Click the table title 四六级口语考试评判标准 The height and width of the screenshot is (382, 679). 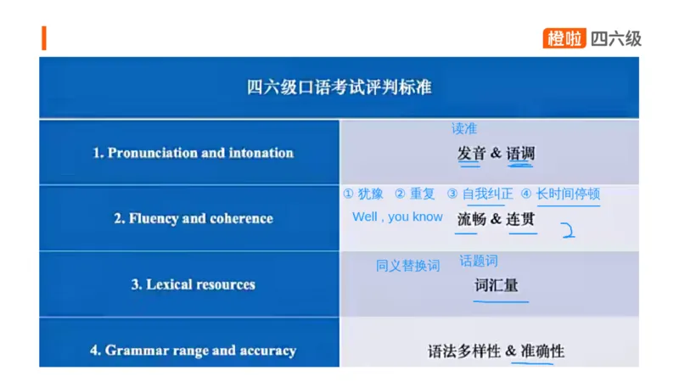(339, 87)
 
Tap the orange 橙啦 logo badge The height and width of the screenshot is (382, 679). (565, 38)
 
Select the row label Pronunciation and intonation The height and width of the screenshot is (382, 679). (193, 153)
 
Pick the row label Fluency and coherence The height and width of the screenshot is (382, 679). (194, 218)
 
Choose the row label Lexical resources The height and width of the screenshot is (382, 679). (193, 284)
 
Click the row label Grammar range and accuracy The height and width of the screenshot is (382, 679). (193, 350)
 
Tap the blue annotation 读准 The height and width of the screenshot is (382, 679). (463, 129)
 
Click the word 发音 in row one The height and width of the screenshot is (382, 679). (471, 154)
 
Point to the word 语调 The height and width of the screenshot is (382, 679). (520, 154)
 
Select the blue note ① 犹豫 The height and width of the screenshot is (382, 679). (363, 194)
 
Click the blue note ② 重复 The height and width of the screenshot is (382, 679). (415, 194)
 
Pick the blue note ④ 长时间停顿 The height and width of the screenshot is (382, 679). (560, 194)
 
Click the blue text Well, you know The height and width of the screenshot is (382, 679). (397, 216)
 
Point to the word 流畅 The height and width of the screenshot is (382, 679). (471, 219)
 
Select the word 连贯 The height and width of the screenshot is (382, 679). (521, 219)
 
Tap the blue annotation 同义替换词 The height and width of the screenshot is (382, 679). (407, 266)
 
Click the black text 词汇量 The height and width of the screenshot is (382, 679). (496, 285)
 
